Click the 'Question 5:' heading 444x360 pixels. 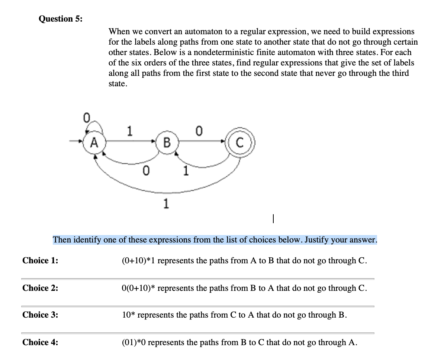[x=61, y=19]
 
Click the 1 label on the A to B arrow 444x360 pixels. [x=129, y=131]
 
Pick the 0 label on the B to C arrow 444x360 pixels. [x=199, y=131]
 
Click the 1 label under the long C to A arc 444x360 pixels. [x=166, y=203]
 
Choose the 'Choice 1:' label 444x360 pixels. [x=41, y=260]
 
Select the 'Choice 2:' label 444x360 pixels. [x=41, y=288]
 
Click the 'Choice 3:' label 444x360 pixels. [x=41, y=315]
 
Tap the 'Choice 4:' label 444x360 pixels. [x=41, y=342]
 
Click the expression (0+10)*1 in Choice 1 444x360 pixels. [x=139, y=260]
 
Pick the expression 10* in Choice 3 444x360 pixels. [x=129, y=315]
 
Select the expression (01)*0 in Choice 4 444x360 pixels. [x=136, y=342]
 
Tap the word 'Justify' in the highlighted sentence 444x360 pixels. [x=319, y=240]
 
